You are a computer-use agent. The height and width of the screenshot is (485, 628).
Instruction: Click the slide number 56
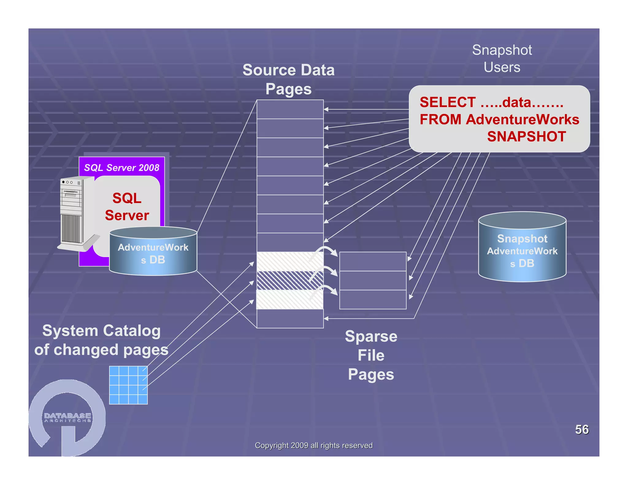click(581, 429)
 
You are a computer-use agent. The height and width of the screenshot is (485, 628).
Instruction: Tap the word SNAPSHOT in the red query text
click(526, 136)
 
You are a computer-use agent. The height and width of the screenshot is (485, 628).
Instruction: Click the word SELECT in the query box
click(447, 102)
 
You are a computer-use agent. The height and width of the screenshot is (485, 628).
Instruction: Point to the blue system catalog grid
click(128, 385)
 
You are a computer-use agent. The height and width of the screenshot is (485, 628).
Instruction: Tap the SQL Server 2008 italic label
click(121, 167)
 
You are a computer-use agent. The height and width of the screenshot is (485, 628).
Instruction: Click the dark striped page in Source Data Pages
click(289, 281)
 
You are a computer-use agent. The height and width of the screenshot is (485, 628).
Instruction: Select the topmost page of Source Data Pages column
click(290, 109)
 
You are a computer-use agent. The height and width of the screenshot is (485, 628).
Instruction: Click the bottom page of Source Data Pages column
click(290, 319)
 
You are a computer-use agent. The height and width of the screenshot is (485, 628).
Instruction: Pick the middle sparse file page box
click(373, 281)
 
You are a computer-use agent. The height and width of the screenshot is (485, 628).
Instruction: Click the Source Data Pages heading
click(288, 79)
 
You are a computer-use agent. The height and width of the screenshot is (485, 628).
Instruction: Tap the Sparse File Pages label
click(371, 355)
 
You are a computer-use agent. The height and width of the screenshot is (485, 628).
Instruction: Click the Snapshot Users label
click(502, 58)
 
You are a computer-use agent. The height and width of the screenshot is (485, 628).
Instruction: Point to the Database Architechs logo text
click(67, 417)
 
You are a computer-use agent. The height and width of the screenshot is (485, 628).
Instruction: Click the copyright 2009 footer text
click(313, 445)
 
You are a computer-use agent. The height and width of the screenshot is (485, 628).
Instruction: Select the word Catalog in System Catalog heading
click(132, 330)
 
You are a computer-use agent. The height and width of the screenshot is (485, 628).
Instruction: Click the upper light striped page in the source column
click(289, 261)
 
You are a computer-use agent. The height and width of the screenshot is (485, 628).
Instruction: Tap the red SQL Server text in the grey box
click(127, 206)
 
